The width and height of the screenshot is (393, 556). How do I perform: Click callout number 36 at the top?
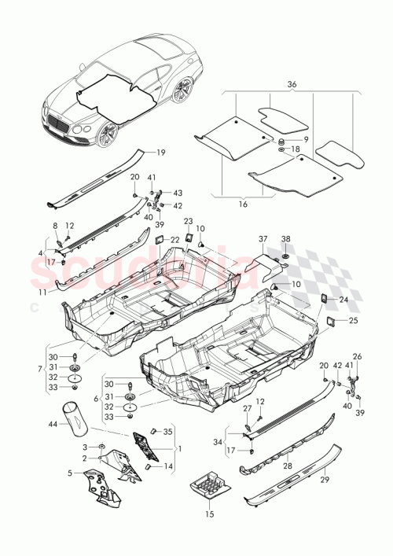click(292, 86)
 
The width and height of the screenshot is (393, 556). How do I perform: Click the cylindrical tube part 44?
click(77, 417)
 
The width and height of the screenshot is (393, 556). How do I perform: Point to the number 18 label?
click(296, 149)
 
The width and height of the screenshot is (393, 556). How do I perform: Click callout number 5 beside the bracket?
click(70, 473)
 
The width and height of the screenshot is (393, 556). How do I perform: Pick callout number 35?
click(167, 432)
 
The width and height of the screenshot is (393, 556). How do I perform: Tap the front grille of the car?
click(59, 123)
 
